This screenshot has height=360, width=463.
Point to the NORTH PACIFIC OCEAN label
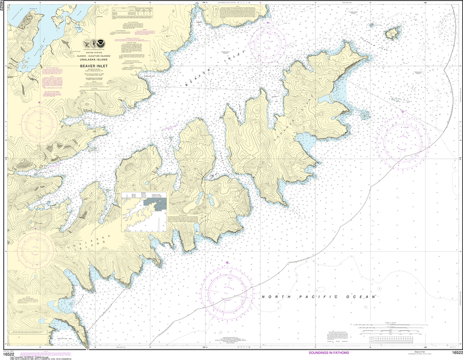tap(319, 297)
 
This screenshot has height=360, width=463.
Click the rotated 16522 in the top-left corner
tap(3, 9)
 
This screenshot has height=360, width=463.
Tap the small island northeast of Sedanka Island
tap(392, 33)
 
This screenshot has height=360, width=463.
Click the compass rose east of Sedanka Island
tap(402, 135)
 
